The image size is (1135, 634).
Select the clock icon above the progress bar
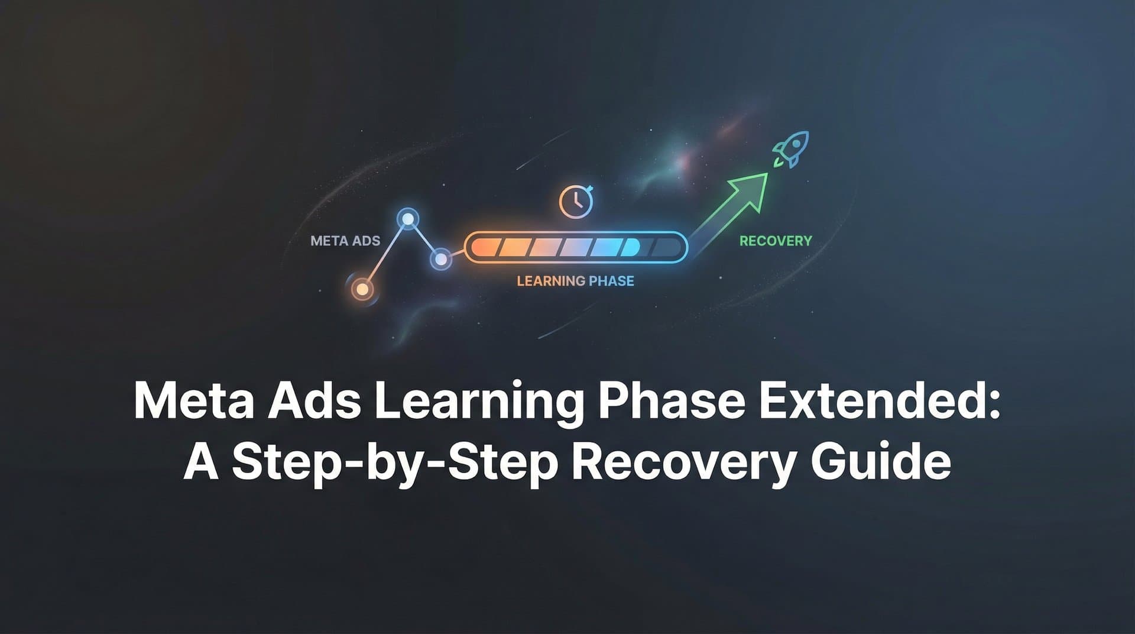575,202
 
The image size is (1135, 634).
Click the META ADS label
345,241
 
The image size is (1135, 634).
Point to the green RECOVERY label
776,241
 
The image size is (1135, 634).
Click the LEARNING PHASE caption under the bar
575,281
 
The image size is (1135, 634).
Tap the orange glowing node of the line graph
362,290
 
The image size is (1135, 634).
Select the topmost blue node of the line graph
407,219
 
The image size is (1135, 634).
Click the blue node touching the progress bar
440,259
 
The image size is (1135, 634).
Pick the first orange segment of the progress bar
487,247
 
